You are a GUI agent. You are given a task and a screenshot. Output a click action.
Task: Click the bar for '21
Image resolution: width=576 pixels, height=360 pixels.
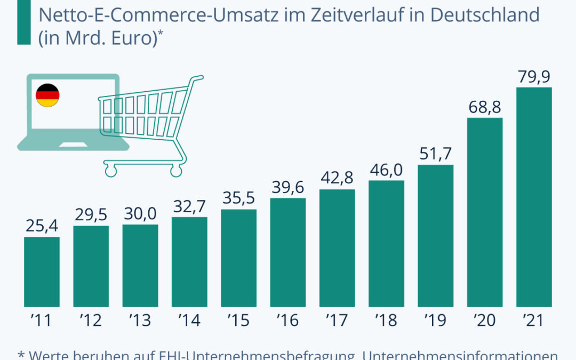tap(534, 197)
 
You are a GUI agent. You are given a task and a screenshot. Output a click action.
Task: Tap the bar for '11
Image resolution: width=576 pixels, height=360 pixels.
tap(42, 272)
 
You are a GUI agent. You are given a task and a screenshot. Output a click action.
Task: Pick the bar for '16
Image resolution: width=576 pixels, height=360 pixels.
tap(288, 253)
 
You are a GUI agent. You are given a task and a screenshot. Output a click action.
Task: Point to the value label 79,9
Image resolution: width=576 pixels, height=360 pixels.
tap(534, 77)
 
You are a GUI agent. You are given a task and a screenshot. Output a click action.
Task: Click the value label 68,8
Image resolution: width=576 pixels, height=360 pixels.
tap(485, 107)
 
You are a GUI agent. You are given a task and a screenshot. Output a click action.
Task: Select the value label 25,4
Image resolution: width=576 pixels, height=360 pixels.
tap(42, 227)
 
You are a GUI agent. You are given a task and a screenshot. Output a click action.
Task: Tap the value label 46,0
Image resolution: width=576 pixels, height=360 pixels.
tap(386, 170)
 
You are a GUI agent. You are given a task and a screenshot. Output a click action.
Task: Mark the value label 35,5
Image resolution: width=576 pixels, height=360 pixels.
tap(238, 199)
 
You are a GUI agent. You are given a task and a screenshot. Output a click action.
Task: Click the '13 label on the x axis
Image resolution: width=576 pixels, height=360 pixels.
tap(140, 321)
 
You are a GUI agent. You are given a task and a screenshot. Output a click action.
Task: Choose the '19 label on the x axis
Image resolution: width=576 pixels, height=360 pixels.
tap(435, 321)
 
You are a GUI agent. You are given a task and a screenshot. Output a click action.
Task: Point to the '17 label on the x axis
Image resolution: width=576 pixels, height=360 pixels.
tap(337, 321)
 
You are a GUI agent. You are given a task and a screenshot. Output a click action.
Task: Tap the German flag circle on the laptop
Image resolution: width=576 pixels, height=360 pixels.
tap(47, 95)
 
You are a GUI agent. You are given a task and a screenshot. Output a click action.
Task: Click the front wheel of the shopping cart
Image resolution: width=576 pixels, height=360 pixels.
tap(110, 170)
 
